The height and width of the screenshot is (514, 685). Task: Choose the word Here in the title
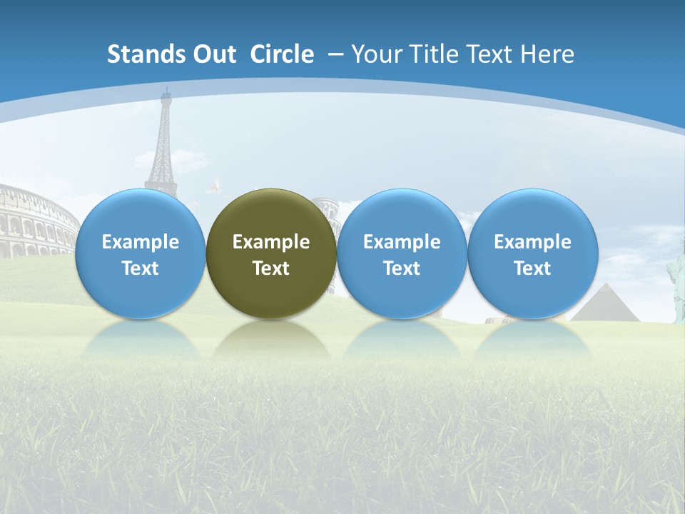tap(547, 54)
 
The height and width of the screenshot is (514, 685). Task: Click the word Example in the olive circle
tap(271, 242)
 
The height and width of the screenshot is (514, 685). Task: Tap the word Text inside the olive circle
tap(271, 268)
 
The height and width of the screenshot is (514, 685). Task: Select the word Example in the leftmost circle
tap(140, 242)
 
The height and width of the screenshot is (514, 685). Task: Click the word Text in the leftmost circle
tap(140, 268)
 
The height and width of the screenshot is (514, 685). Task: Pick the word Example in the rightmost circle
tap(532, 242)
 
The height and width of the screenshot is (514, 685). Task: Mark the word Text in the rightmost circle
tap(532, 268)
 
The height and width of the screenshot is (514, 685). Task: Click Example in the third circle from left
tap(402, 242)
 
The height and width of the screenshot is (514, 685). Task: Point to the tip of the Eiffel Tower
tap(166, 89)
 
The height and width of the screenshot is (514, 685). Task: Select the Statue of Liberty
tap(676, 282)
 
